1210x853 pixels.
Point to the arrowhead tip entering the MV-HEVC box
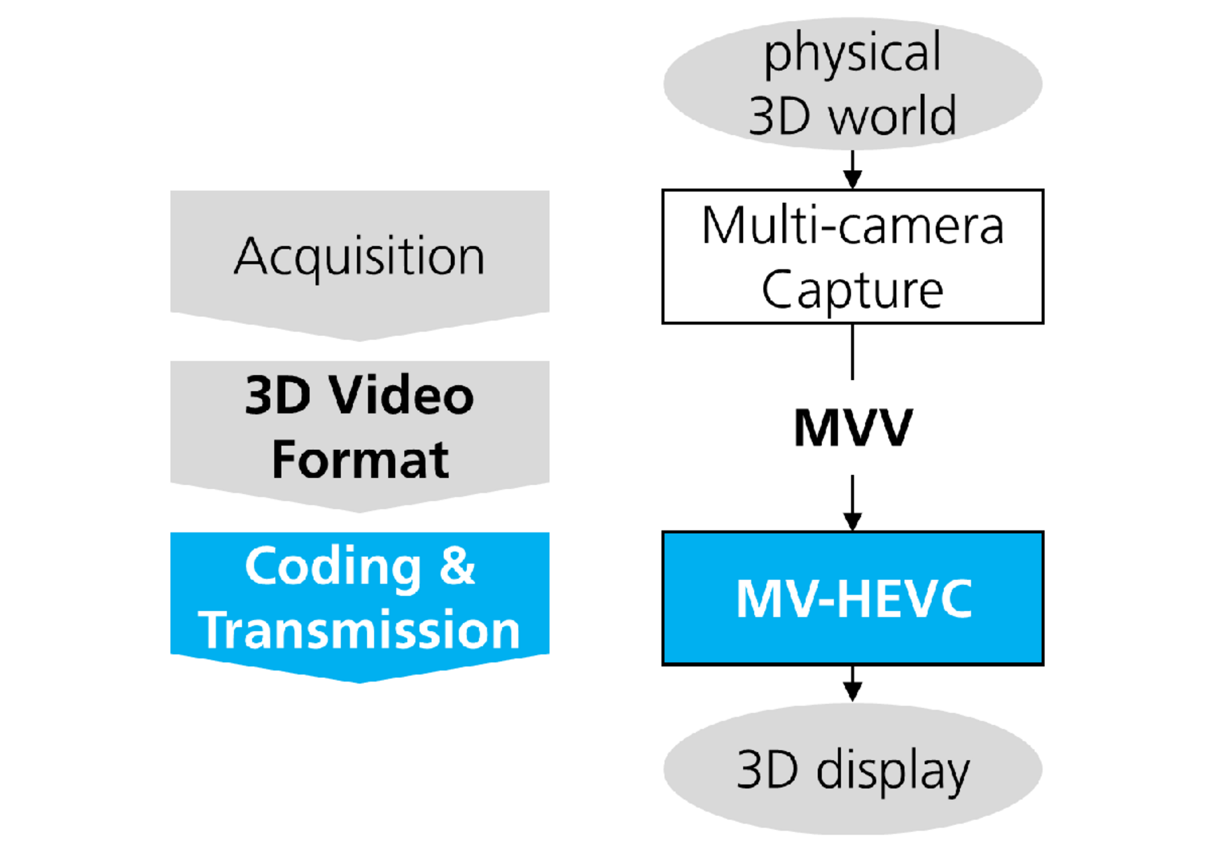coord(852,531)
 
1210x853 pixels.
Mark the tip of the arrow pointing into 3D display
coord(852,701)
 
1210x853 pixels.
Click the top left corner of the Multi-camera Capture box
coord(662,190)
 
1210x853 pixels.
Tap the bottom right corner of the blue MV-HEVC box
coord(1043,664)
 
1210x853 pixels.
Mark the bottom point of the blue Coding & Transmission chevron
coord(360,683)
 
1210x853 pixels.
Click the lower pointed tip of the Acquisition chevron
coord(360,341)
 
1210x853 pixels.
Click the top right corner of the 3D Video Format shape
coord(549,362)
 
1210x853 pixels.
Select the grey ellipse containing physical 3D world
coord(852,83)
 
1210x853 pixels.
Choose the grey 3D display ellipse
coord(852,768)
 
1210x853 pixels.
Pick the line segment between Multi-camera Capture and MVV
coord(852,352)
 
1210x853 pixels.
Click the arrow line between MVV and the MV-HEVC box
coord(852,503)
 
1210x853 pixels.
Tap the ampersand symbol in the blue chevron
coord(457,565)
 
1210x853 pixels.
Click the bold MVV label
coord(853,427)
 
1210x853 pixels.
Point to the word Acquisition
coord(359,256)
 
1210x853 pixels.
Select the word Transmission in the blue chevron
coord(359,629)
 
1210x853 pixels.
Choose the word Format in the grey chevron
coord(360,459)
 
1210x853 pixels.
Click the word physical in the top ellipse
coord(852,53)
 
